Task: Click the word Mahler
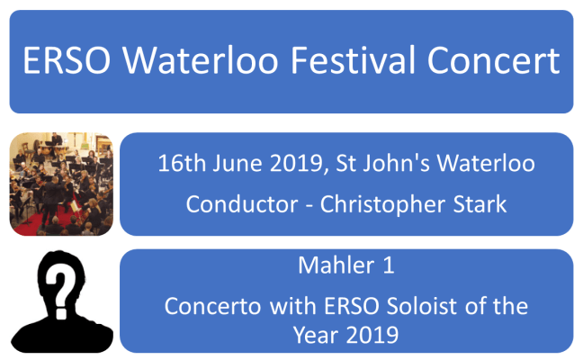(329, 268)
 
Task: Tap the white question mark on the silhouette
(60, 286)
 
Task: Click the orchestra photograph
(61, 184)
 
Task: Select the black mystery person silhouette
(61, 306)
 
